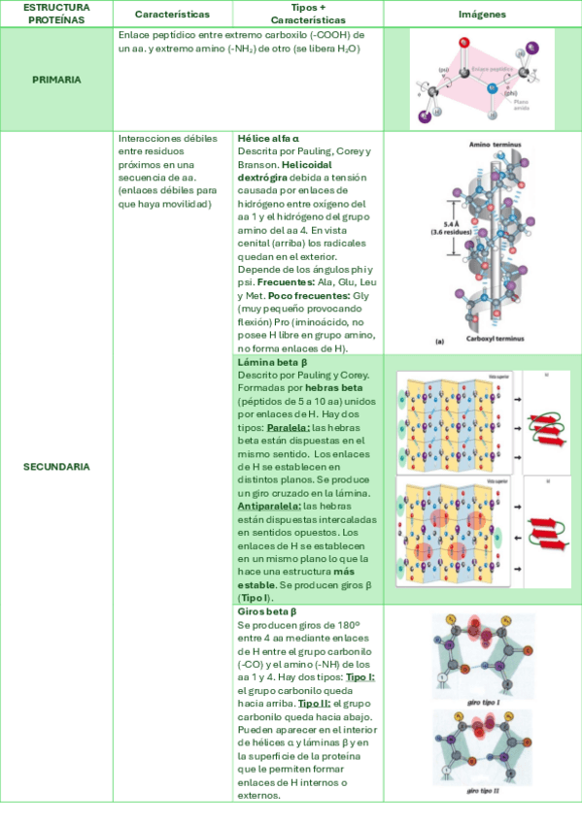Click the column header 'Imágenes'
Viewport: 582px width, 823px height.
[482, 15]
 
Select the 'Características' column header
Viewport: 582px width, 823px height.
[172, 15]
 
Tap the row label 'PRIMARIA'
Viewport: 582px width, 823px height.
[55, 79]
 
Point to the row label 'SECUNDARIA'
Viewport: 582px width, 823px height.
[56, 467]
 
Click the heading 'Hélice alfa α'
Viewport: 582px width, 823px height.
[268, 139]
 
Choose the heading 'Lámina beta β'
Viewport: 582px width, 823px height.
[272, 362]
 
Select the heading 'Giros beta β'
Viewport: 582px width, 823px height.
[266, 612]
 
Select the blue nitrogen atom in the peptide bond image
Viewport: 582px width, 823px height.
[491, 89]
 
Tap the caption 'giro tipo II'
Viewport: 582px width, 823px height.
[483, 791]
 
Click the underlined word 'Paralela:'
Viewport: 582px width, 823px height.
[289, 427]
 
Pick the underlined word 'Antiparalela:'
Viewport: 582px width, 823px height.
[269, 506]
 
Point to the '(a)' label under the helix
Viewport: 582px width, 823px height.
[413, 342]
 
